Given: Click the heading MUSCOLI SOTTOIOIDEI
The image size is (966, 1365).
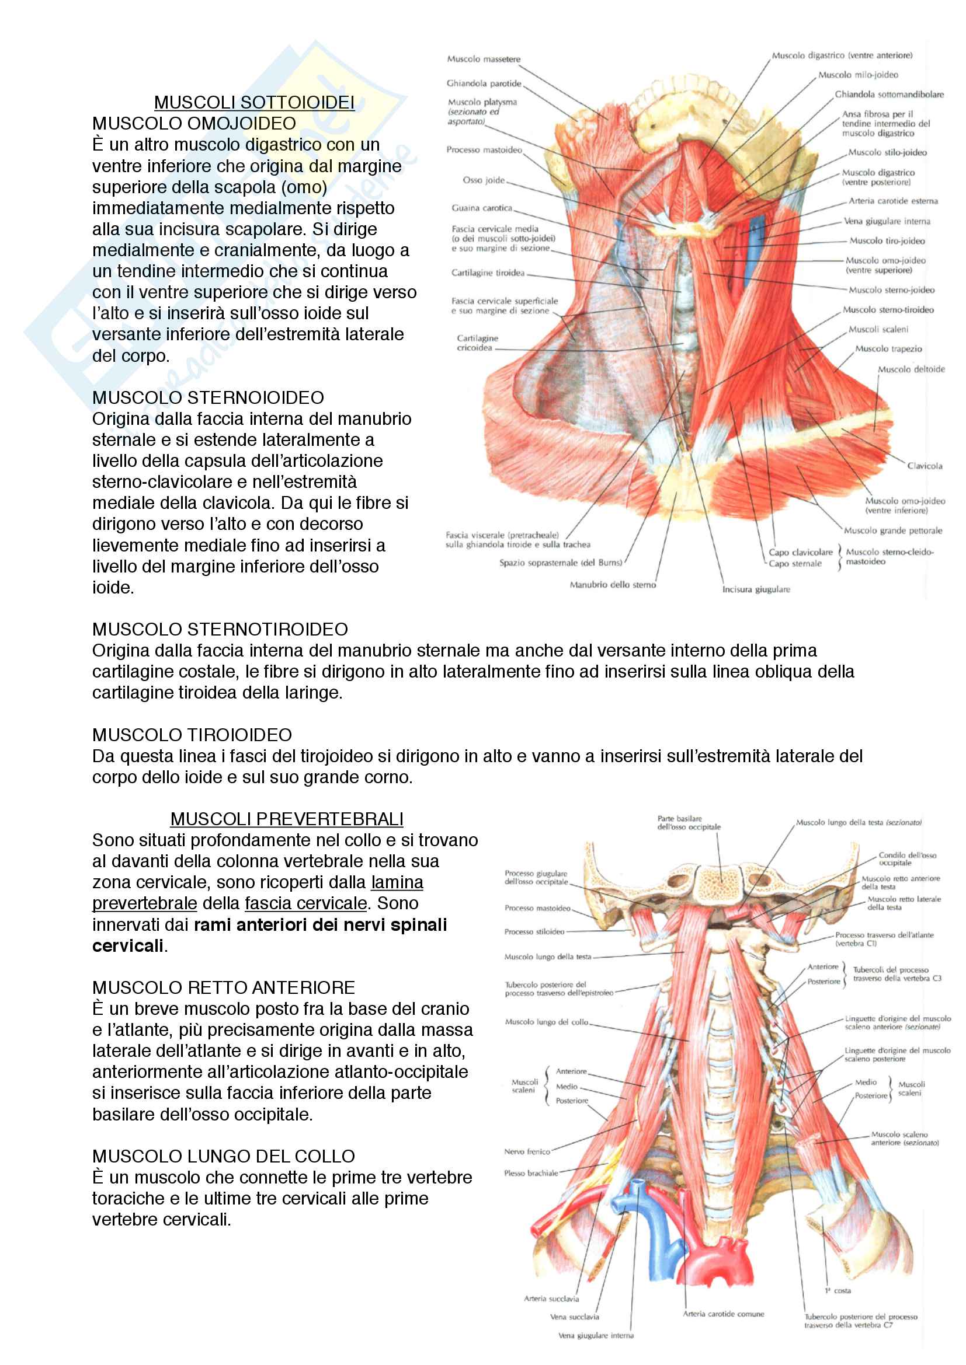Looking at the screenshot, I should [254, 103].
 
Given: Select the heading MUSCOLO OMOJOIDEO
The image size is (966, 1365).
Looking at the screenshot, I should [194, 124].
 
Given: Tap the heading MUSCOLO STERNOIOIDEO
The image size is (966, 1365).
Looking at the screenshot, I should [207, 398].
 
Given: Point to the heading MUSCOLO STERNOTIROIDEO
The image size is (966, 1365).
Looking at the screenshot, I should [220, 629].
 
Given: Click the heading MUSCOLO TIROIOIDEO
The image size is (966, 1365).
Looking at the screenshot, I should [192, 735].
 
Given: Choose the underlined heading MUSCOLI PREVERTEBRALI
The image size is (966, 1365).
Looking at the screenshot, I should [287, 819].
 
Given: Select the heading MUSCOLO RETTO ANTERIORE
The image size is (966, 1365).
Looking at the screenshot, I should [223, 987].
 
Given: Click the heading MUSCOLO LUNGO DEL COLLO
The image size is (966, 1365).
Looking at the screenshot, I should [223, 1156].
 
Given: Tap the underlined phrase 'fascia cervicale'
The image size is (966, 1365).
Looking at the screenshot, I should [305, 903].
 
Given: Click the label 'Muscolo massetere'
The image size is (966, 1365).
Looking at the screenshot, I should [484, 60].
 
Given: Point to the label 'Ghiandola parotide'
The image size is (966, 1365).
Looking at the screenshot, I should [484, 84].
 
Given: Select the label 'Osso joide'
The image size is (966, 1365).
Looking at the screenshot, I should [484, 180].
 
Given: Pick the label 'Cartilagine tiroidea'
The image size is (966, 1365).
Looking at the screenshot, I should [488, 273].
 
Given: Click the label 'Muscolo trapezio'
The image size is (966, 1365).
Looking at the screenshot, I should [888, 349].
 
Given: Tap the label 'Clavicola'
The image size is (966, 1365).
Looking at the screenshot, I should [925, 466].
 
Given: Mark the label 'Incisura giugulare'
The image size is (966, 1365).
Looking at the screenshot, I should [756, 590].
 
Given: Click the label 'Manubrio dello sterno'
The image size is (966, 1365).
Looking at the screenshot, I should [613, 585].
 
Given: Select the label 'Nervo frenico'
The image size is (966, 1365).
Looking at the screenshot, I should [527, 1151].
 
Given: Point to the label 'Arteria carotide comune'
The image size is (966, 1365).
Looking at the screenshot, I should [723, 1314].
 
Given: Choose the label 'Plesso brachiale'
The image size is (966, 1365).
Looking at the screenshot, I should [530, 1173].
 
